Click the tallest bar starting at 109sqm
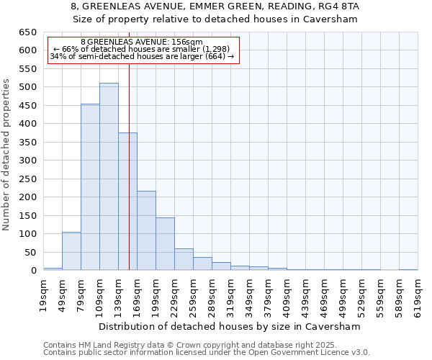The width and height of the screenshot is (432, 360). tap(109, 176)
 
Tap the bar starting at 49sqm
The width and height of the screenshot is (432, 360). tap(71, 251)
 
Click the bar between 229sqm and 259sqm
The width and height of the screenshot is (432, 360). tap(184, 260)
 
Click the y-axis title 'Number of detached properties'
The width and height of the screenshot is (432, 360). tap(6, 155)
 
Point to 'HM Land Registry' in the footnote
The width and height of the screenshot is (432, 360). tap(112, 345)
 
